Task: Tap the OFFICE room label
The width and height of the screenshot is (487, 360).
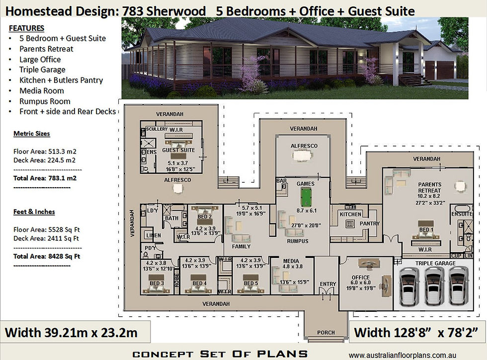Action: click(360, 277)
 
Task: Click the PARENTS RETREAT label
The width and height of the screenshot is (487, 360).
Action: click(429, 187)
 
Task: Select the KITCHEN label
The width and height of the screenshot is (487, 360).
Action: click(350, 214)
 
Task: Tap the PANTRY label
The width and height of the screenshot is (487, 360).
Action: click(369, 224)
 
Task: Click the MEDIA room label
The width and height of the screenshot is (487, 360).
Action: click(291, 261)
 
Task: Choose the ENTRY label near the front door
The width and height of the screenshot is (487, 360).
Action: click(327, 284)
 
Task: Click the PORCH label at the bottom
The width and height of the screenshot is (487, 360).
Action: click(326, 332)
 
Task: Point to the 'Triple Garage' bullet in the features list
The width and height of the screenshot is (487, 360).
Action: click(42, 70)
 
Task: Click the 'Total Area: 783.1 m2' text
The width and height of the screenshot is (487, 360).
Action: click(45, 177)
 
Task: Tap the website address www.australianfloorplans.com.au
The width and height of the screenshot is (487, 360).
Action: click(416, 355)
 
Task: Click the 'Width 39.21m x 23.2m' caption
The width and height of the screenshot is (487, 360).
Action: click(71, 331)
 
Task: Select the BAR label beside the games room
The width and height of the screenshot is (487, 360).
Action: click(282, 181)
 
